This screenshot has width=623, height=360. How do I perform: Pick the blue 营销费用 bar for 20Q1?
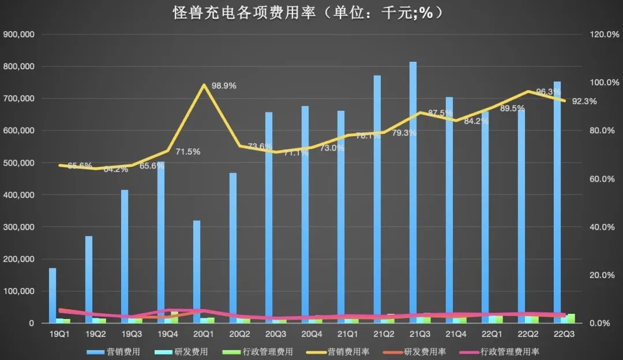tap(197, 271)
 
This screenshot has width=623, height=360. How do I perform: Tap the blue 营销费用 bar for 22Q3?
tap(557, 202)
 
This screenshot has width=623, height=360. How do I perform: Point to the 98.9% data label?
tap(224, 86)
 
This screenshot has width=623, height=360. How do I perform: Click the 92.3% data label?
tap(584, 102)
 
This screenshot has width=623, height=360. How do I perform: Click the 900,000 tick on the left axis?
tap(20, 35)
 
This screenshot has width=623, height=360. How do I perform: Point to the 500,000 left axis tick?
tap(20, 163)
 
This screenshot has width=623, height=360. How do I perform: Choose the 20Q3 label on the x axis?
tap(276, 334)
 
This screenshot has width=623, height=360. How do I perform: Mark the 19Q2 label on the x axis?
tap(96, 334)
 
